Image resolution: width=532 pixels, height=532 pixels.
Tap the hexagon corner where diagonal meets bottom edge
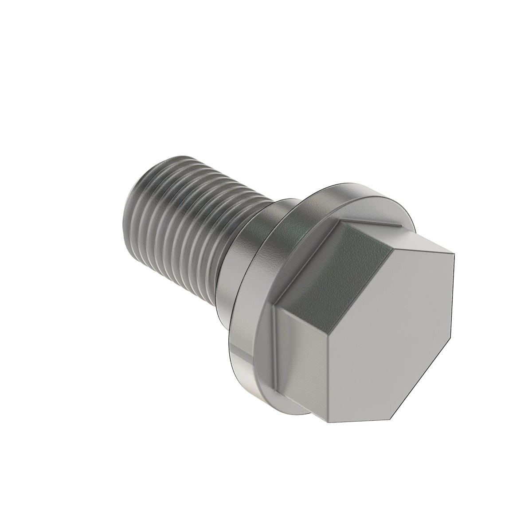click(392, 419)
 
